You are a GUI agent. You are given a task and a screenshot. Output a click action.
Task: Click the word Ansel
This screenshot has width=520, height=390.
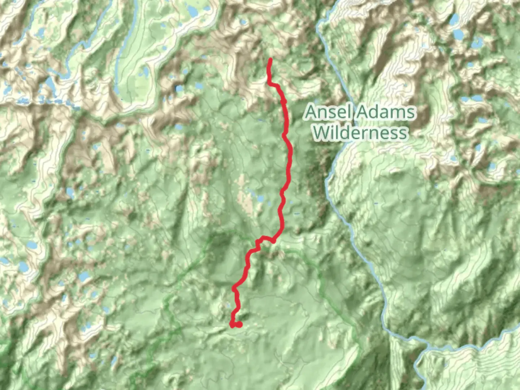(327, 112)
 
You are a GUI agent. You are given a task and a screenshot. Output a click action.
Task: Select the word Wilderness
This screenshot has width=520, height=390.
(360, 133)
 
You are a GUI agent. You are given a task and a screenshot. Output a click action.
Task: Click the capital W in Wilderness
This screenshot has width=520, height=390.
(321, 133)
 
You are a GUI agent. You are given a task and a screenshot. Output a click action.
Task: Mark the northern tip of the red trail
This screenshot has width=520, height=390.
(270, 60)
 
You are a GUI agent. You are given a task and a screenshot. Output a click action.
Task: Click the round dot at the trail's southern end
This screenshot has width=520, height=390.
(239, 325)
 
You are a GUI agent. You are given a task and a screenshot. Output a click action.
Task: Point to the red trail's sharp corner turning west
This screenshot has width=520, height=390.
(273, 240)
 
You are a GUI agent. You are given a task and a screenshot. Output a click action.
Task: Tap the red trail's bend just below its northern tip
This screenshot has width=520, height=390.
(269, 83)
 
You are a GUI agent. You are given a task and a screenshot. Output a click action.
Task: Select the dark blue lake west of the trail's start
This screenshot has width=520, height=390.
(179, 89)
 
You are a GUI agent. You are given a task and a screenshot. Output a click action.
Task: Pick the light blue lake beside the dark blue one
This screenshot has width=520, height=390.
(198, 86)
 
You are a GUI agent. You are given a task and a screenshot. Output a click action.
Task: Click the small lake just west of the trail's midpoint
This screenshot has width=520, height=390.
(260, 199)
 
